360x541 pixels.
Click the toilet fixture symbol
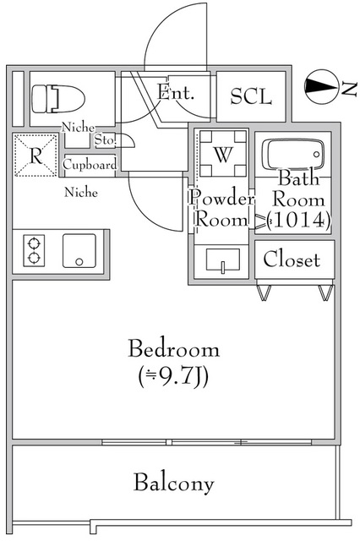click(58, 99)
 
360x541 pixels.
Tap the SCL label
click(251, 96)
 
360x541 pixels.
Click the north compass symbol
click(320, 86)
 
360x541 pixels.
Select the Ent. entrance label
click(176, 92)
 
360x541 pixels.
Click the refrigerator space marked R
click(35, 156)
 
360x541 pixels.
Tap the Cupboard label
click(90, 165)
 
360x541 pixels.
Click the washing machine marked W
click(223, 153)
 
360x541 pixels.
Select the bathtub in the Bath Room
click(293, 154)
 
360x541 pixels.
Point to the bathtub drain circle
click(316, 155)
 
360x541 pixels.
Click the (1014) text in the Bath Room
click(299, 220)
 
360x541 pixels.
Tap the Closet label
click(292, 260)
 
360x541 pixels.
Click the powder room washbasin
click(223, 260)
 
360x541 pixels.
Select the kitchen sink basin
click(79, 251)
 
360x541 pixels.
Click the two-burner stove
click(34, 250)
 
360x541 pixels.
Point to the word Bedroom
click(174, 349)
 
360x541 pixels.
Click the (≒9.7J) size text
click(173, 376)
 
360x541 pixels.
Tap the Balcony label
click(174, 483)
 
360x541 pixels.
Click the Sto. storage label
click(105, 140)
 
